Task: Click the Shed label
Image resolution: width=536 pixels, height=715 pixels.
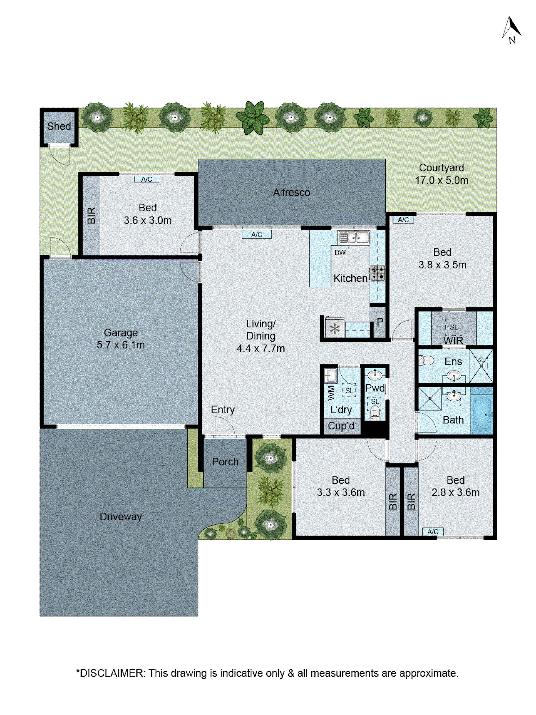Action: click(x=59, y=126)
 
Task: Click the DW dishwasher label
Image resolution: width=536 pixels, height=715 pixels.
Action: click(x=340, y=252)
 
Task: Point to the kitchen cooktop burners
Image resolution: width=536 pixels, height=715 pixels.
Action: click(x=377, y=273)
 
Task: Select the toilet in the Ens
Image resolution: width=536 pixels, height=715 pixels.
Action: click(x=427, y=360)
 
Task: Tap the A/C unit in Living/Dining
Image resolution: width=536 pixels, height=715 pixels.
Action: click(x=257, y=234)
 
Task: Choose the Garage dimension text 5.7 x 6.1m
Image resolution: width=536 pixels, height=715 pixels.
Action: click(x=121, y=345)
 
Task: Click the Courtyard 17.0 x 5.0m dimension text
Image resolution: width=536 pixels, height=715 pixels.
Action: click(x=442, y=180)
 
